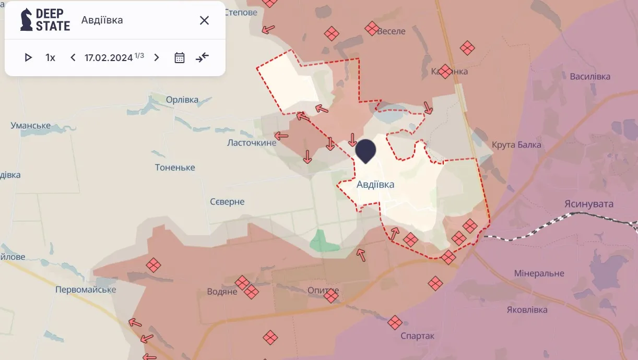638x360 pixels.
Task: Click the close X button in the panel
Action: point(204,20)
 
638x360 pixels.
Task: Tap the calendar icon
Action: point(180,57)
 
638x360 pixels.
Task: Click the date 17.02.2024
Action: point(109,57)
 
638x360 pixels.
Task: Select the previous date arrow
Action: point(73,57)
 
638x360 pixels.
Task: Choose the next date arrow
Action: point(156,57)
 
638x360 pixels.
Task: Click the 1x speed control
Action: point(50,57)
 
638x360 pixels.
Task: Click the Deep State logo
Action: point(45,20)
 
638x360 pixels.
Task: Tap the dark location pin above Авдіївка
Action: point(365,150)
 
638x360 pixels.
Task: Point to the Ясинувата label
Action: point(588,204)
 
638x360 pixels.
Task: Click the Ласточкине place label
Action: point(252,142)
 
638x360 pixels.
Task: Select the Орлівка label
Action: point(182,100)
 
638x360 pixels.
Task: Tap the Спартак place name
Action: point(417,336)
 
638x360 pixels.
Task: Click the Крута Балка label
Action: point(516,145)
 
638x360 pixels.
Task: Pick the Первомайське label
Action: point(86,290)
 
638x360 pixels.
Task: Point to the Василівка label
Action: point(590,77)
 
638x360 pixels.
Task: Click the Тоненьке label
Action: point(175,167)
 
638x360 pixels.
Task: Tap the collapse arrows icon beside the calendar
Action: point(202,57)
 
